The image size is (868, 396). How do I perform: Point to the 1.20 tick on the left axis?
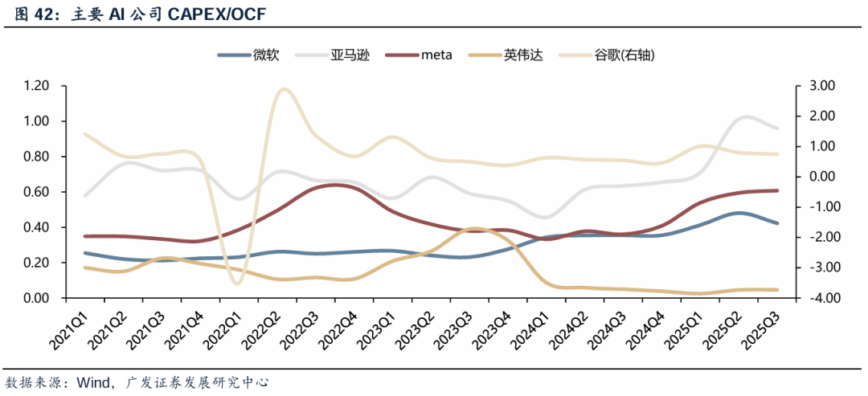click(x=36, y=86)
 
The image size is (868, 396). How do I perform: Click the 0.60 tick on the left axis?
click(x=36, y=192)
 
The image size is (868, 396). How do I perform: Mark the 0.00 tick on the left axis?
click(x=36, y=298)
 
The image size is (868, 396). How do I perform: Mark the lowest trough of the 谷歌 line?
click(x=235, y=283)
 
